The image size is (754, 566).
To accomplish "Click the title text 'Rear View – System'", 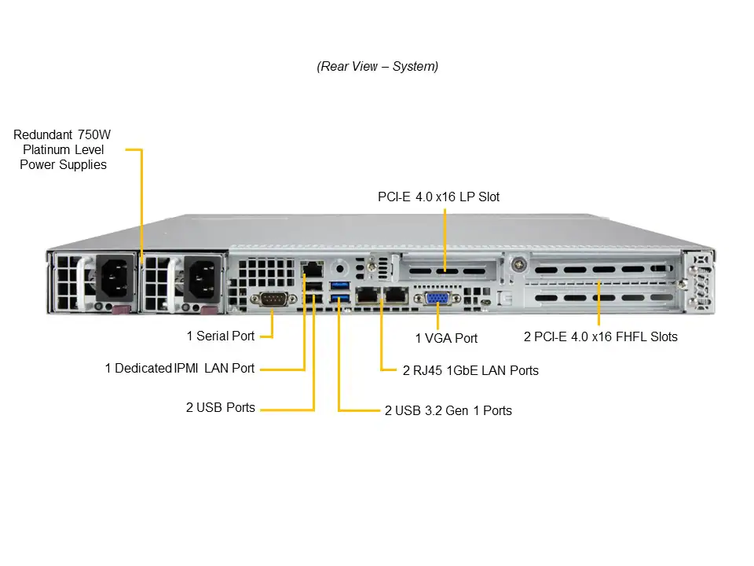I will pos(377,67).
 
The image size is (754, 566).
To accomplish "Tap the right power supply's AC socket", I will pos(201,277).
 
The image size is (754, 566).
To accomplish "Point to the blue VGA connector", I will pos(437,299).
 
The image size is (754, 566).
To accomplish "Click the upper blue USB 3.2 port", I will pos(339,284).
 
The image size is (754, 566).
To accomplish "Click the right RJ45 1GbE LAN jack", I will pos(395,296).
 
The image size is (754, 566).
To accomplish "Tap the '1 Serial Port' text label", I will pos(221,336).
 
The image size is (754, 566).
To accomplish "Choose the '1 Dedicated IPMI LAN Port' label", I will pos(180,368).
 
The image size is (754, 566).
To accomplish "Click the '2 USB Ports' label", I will pos(221,407).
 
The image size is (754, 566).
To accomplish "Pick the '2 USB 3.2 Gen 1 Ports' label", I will pos(448,410).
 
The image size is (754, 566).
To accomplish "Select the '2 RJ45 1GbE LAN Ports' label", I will pos(470,370).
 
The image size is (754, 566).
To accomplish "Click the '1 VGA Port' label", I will pos(446,338).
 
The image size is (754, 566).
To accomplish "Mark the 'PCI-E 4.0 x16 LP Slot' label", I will pos(438,197).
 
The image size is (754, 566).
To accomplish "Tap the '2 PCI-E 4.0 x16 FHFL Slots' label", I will pos(600,336).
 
